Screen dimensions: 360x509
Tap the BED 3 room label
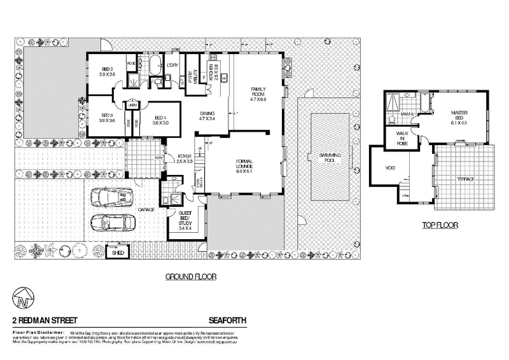[x=107, y=117]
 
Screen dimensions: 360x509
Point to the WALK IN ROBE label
[x=401, y=138]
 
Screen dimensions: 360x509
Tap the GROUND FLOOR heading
[x=191, y=277]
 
